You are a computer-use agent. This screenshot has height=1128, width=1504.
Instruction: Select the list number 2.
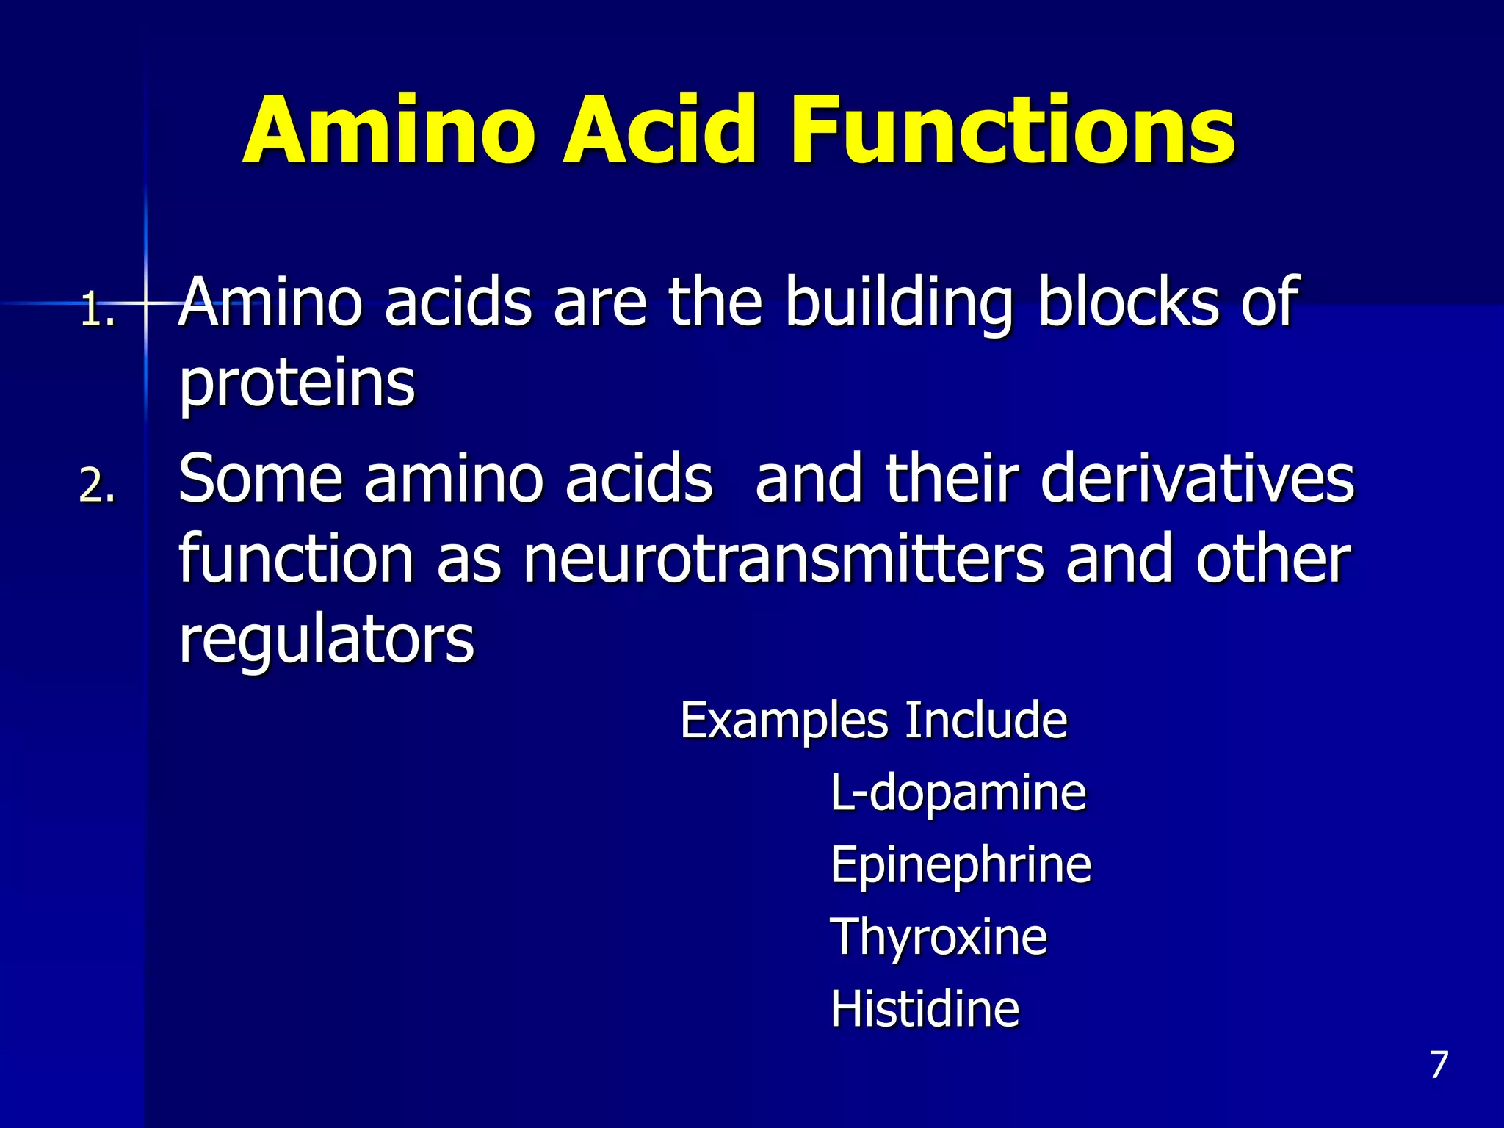(x=97, y=486)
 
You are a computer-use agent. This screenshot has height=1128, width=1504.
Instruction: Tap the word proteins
(x=297, y=383)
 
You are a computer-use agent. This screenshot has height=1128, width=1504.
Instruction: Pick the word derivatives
(x=1198, y=479)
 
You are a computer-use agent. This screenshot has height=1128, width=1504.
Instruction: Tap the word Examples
(x=784, y=722)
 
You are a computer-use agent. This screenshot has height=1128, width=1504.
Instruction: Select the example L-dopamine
(x=958, y=794)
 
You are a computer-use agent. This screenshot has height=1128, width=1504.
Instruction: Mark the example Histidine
(x=925, y=1009)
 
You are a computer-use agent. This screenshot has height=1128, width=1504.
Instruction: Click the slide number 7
(x=1439, y=1065)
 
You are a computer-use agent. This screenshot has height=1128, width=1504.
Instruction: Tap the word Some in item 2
(x=261, y=479)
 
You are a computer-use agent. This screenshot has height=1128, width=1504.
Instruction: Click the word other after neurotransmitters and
(x=1273, y=560)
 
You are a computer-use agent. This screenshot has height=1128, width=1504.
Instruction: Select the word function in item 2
(x=297, y=560)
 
